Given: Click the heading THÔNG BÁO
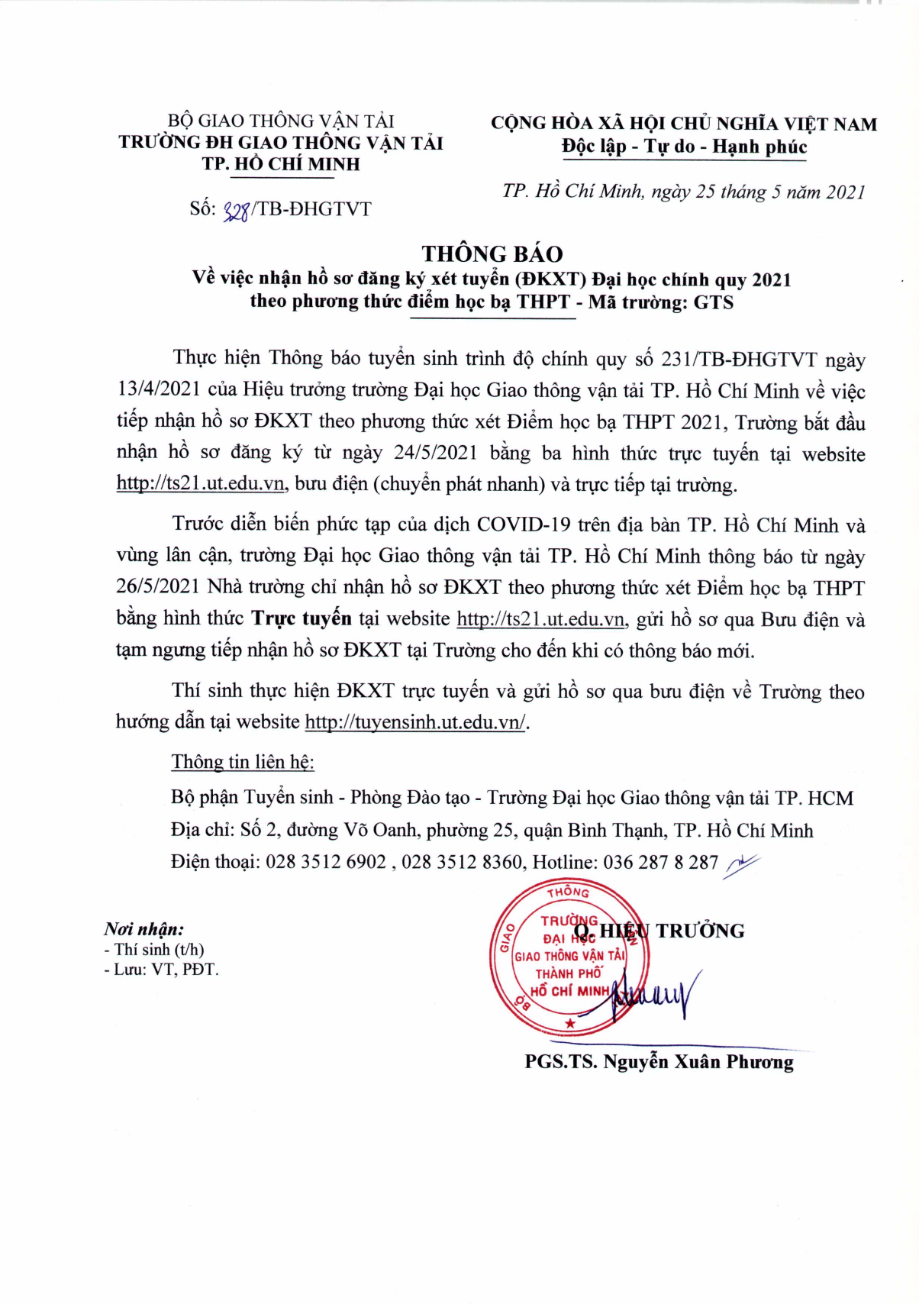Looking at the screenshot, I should point(492,253).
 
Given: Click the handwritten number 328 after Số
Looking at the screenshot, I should point(236,210).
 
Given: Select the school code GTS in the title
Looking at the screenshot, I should point(713,302).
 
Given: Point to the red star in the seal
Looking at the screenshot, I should point(569,1023).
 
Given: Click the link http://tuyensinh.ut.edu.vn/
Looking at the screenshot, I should point(415,722).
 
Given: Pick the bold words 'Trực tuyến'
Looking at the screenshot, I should point(301,618).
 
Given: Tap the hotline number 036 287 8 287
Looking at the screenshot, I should point(660,863).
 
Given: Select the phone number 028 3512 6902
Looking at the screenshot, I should point(326,863).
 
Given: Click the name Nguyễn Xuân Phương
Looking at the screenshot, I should point(698,1062).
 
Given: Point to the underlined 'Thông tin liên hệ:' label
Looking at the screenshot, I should point(243,762).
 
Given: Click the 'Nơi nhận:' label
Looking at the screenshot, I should point(144,929).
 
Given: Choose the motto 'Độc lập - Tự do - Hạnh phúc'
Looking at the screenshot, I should point(684,147).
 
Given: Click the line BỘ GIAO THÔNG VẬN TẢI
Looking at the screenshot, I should point(281,121).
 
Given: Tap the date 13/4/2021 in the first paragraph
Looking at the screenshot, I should point(159,390).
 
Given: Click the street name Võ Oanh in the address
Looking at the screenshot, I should point(380,831).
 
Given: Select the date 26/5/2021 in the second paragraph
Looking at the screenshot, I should point(159,587).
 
